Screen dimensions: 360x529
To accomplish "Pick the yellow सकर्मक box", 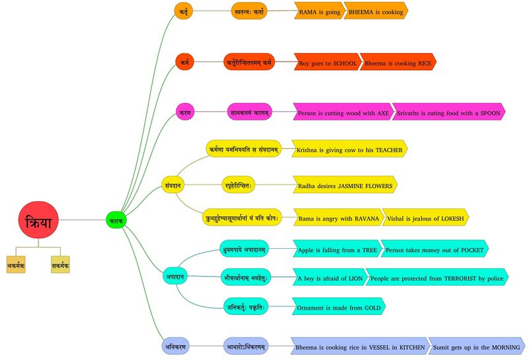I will point(60,265).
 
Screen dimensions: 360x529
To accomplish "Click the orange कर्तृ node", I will point(183,11).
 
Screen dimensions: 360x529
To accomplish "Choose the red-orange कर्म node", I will point(184,63).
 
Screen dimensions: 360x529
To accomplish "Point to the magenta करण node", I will point(184,112).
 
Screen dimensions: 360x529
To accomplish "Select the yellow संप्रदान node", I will point(173,185).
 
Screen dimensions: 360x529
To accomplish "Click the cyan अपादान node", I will point(174,275).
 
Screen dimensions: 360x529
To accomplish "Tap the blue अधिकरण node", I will point(176,345).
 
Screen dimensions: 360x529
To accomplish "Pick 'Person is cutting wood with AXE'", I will point(343,112).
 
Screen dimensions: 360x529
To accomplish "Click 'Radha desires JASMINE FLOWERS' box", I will point(345,185).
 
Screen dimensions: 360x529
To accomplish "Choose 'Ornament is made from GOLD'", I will point(338,308).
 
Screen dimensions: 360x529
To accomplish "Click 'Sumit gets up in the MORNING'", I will point(476,345).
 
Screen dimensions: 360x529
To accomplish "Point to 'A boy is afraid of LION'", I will point(328,278).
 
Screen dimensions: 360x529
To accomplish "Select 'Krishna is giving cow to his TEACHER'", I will point(348,150).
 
